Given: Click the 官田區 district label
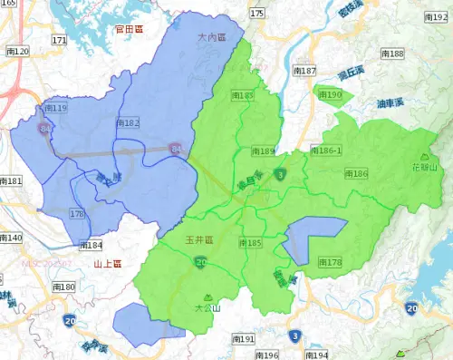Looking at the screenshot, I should (130, 30).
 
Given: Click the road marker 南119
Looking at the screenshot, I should (54, 109).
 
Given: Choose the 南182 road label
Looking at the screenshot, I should (128, 122).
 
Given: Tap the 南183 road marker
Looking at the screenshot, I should (242, 95).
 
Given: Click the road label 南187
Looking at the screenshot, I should (304, 71).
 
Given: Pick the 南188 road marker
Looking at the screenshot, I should (392, 54).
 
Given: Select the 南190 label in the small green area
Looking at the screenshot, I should (330, 95).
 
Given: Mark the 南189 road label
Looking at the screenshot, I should (262, 151).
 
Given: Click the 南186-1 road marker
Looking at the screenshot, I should (325, 150).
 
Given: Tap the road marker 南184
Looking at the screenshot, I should (91, 245).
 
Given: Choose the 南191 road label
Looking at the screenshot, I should (242, 339).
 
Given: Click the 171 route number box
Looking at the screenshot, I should (59, 41).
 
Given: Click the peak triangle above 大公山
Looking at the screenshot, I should (208, 297).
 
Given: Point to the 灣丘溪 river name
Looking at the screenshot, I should (351, 73).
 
